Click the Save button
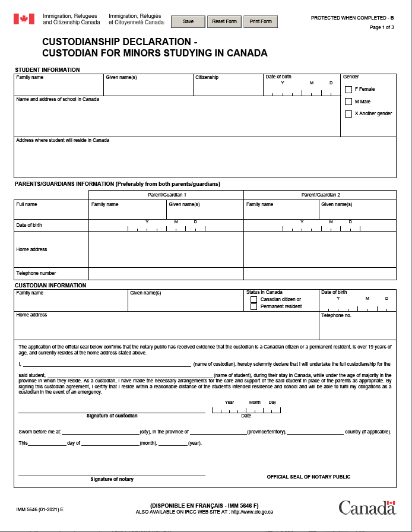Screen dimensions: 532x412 [188, 21]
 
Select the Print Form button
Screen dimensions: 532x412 [260, 21]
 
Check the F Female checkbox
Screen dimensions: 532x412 [348, 90]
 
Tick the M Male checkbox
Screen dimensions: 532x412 [348, 102]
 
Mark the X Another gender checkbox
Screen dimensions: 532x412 [348, 114]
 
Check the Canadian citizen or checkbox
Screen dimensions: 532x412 [254, 300]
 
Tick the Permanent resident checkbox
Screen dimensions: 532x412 [254, 306]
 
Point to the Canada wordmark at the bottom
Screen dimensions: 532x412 [366, 508]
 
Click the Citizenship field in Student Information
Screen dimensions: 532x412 [228, 87]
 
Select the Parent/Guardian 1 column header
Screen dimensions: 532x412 [166, 195]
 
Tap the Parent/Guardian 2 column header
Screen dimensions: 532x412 [320, 195]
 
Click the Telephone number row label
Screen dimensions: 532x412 [36, 274]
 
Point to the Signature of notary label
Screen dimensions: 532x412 [112, 479]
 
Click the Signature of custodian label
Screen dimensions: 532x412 [112, 416]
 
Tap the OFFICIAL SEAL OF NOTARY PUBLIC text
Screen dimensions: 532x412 [308, 477]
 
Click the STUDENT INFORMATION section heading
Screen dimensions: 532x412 [47, 70]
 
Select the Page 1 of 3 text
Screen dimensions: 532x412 [382, 27]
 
